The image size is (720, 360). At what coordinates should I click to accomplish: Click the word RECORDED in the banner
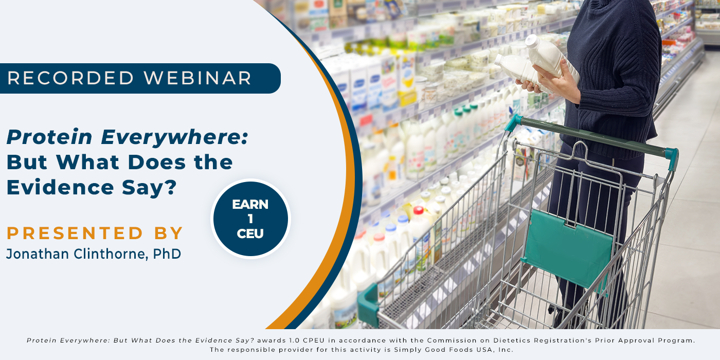(x=70, y=78)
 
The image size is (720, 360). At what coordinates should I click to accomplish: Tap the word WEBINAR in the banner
(x=197, y=78)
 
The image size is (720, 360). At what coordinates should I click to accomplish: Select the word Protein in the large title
(x=49, y=137)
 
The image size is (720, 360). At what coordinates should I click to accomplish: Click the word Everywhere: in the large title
(x=174, y=138)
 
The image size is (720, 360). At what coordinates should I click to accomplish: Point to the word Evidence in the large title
(x=60, y=187)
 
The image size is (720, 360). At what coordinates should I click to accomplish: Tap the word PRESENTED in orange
(x=75, y=233)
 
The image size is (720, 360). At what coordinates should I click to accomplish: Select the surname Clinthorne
(x=111, y=254)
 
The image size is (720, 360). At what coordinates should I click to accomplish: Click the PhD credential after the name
(x=167, y=254)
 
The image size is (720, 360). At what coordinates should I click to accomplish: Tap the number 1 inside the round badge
(x=250, y=219)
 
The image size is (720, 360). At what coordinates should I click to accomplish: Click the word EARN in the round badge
(x=250, y=205)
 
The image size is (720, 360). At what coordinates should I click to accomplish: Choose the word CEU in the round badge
(x=250, y=233)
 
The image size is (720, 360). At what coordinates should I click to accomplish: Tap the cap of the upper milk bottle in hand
(x=532, y=41)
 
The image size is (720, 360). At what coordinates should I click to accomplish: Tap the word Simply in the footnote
(x=406, y=350)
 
